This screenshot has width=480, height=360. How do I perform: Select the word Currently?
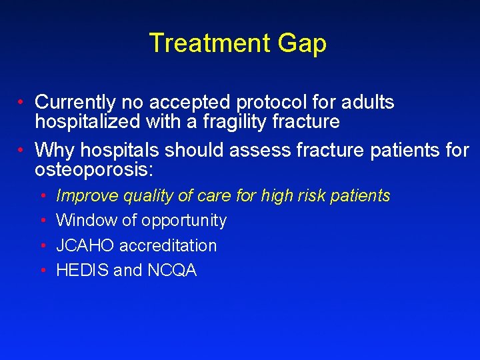75,103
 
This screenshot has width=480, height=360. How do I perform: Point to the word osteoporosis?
93,169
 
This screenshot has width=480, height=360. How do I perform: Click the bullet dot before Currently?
22,103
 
